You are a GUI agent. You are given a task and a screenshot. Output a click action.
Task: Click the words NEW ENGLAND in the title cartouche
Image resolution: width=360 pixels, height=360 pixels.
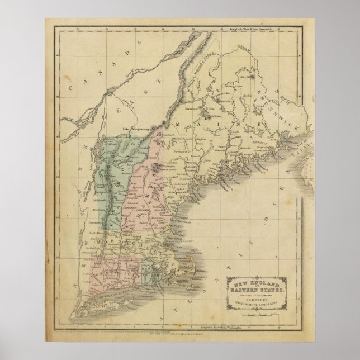pyautogui.click(x=255, y=279)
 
